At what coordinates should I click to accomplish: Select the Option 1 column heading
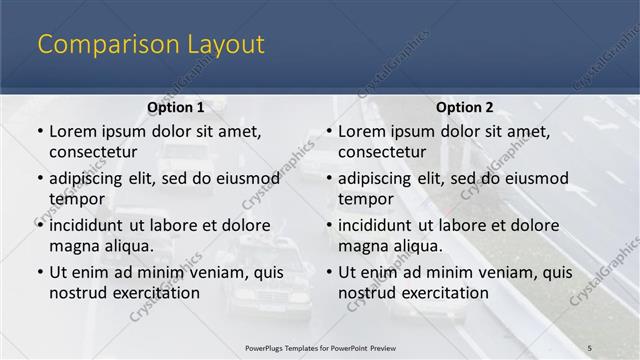[x=175, y=107]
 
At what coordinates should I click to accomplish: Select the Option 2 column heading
[x=464, y=107]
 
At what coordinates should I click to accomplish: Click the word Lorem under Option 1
[x=73, y=131]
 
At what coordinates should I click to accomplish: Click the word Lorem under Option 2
[x=362, y=131]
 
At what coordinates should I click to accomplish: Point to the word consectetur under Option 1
[x=93, y=152]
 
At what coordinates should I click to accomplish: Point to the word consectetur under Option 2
[x=382, y=152]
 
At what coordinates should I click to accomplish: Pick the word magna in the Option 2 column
[x=363, y=246]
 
